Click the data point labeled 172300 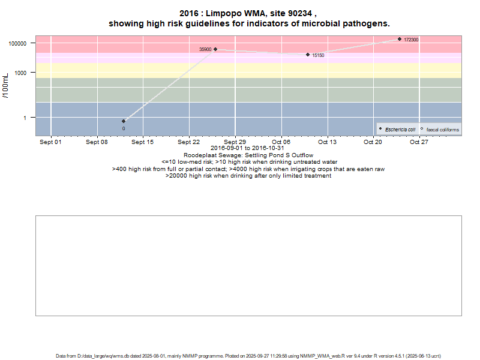pyautogui.click(x=400, y=39)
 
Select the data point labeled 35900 pyautogui.click(x=215, y=49)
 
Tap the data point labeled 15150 pyautogui.click(x=308, y=55)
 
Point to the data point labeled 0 pyautogui.click(x=124, y=121)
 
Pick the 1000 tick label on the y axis pyautogui.click(x=23, y=73)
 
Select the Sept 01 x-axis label pyautogui.click(x=50, y=142)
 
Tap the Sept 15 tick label pyautogui.click(x=143, y=142)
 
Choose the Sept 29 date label pyautogui.click(x=235, y=142)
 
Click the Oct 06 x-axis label pyautogui.click(x=281, y=142)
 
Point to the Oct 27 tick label pyautogui.click(x=419, y=142)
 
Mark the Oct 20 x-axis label pyautogui.click(x=373, y=142)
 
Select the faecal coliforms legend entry pyautogui.click(x=442, y=130)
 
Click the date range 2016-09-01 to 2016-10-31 pyautogui.click(x=248, y=148)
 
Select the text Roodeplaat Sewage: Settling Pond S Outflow pyautogui.click(x=248, y=155)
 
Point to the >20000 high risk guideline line pyautogui.click(x=248, y=176)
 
